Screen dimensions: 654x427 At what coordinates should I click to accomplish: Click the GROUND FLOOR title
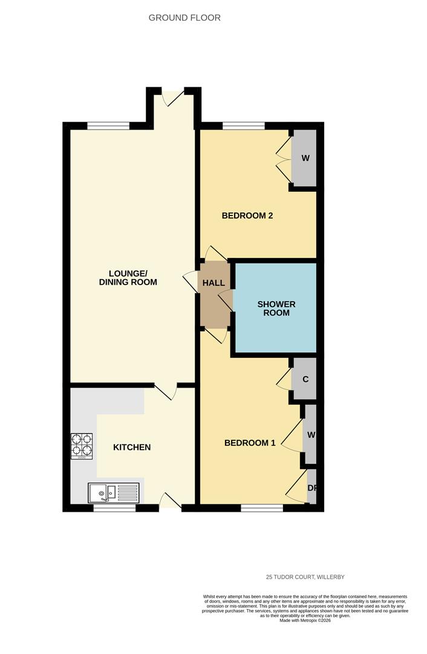point(184,18)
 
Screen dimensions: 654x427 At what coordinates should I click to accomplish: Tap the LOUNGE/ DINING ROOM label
point(128,277)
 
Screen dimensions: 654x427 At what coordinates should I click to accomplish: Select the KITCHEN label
point(132,448)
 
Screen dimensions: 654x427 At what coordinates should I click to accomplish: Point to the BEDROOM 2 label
point(247,215)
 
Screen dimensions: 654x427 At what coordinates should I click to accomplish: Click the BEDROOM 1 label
point(250,443)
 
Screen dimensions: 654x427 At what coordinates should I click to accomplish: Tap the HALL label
point(213,283)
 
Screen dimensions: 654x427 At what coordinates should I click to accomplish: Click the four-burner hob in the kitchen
point(82,446)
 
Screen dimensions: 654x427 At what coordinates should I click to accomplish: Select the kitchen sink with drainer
point(113,493)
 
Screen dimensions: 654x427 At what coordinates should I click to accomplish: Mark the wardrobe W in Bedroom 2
point(305,158)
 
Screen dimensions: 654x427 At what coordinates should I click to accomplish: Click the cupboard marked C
point(305,380)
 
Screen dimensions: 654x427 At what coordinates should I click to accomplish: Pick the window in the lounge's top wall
point(108,126)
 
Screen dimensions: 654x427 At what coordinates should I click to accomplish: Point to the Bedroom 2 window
point(243,126)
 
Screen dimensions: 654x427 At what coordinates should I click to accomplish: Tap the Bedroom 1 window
point(261,507)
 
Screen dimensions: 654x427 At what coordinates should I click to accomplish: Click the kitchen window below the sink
point(114,507)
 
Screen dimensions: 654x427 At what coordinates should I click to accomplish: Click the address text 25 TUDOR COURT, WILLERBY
point(305,577)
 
